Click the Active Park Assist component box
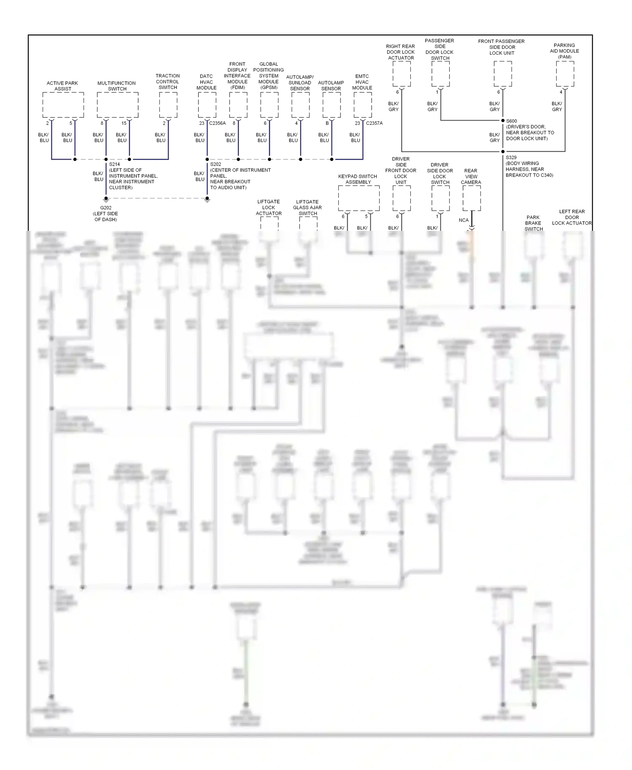click(63, 105)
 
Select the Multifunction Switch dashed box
click(118, 105)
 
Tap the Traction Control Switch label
click(168, 82)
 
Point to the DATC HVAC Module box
click(207, 105)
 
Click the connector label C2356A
click(217, 123)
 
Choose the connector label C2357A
click(374, 123)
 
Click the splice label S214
click(114, 164)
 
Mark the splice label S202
click(216, 164)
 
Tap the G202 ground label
click(106, 208)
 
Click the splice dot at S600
click(503, 120)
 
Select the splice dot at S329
click(503, 151)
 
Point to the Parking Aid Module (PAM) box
click(565, 74)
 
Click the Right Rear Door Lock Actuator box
click(402, 74)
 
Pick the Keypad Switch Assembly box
click(359, 198)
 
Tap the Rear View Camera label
click(471, 176)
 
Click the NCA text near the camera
click(463, 220)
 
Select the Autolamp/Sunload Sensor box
click(300, 105)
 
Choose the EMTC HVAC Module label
click(362, 82)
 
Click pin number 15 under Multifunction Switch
click(124, 123)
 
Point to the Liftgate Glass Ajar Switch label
click(308, 208)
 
